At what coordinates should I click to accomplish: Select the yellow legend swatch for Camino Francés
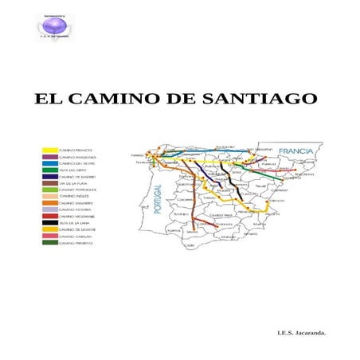click(49, 150)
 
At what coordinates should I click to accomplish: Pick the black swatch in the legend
click(49, 223)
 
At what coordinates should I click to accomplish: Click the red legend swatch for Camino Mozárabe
click(49, 215)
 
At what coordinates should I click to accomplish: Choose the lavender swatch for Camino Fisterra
click(49, 208)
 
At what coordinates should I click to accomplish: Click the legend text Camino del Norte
click(78, 164)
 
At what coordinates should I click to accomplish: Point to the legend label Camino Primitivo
click(77, 244)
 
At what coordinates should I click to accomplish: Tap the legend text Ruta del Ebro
click(72, 170)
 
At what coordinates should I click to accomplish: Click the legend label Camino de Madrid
click(77, 177)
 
